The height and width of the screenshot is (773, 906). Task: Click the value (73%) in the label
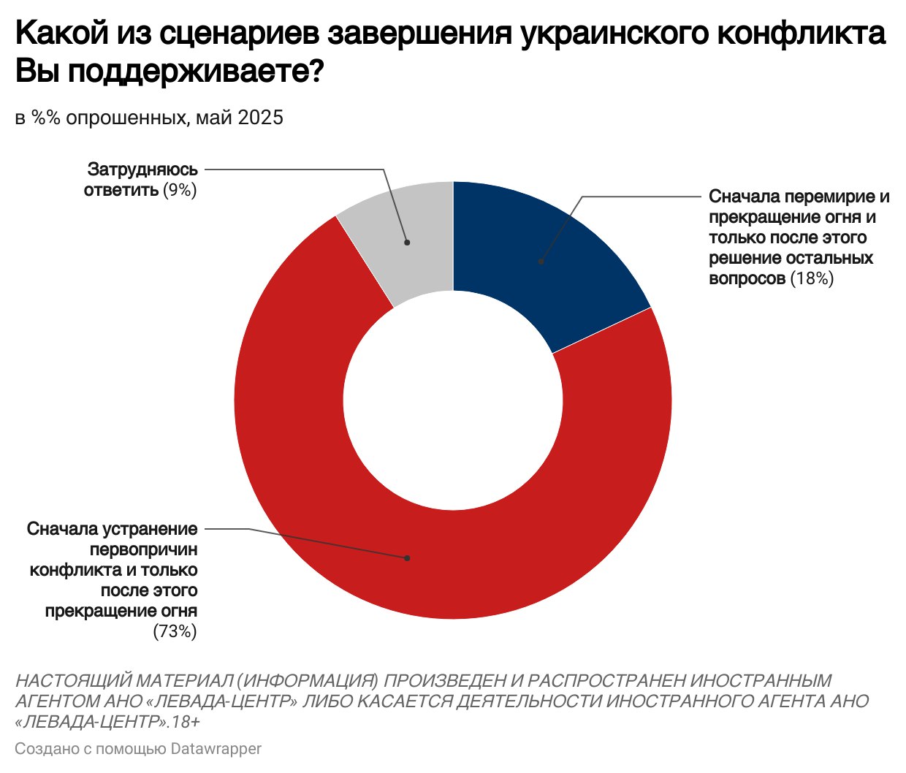[175, 632]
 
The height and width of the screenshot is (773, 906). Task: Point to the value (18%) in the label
[812, 278]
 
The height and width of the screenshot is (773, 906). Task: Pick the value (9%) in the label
[180, 190]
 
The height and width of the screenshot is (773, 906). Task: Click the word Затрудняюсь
[142, 170]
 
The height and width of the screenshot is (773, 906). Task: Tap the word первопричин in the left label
[143, 549]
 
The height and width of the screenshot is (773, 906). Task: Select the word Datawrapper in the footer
[216, 749]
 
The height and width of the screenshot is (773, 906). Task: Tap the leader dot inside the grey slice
[407, 242]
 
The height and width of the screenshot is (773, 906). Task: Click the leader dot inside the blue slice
[541, 261]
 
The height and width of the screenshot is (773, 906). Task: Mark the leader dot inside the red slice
[407, 558]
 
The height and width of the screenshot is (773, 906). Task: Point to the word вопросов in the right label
[747, 278]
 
